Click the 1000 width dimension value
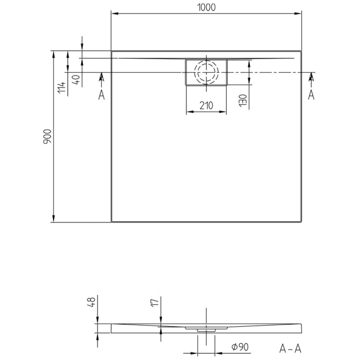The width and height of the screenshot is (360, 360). point(206,7)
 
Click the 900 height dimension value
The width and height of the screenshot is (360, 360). point(47,136)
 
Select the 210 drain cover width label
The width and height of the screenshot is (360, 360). point(206,105)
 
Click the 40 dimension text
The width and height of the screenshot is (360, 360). point(76,80)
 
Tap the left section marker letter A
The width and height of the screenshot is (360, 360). point(101,94)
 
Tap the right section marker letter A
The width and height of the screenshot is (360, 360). point(311,94)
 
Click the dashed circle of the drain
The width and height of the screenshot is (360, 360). point(206,73)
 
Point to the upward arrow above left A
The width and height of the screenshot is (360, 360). point(101,77)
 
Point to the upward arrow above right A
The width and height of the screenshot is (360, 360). point(311,77)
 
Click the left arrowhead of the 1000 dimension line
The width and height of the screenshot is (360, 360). point(114,14)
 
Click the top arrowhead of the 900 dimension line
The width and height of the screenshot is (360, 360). point(53,54)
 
